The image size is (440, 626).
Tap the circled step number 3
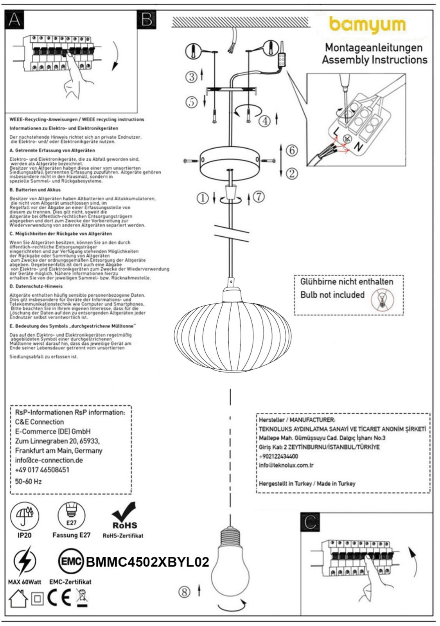point(191,77)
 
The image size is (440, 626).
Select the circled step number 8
point(184,592)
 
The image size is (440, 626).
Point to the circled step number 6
point(292,150)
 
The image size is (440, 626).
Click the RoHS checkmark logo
point(124,516)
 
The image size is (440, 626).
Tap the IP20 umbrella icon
point(25,516)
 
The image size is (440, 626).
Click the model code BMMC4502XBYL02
point(147,562)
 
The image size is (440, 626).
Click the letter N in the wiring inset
point(357,147)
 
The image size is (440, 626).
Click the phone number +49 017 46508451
point(42,470)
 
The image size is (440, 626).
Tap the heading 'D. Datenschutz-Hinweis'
point(36,286)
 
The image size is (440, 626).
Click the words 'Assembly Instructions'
point(374,60)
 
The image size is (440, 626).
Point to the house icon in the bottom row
point(19,599)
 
